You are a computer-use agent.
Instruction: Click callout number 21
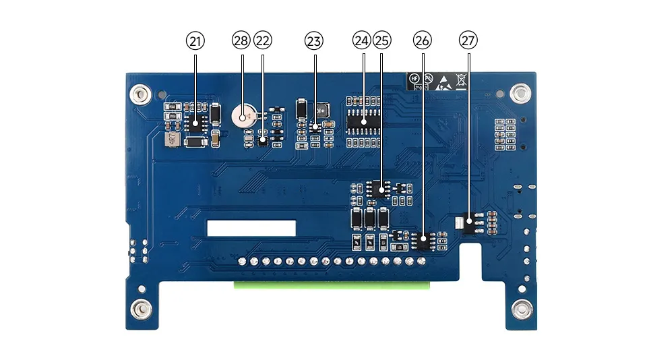[195, 41]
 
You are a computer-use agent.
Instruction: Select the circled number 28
[241, 41]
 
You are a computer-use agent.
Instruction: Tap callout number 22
[262, 41]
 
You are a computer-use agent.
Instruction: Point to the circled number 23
[313, 41]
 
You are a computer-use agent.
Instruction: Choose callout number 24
[362, 41]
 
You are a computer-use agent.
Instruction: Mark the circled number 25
[381, 41]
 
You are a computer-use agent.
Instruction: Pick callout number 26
[423, 41]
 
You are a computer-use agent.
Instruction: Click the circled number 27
[468, 41]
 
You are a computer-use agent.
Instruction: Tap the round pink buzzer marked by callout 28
[241, 117]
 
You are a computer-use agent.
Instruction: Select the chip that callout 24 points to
[363, 121]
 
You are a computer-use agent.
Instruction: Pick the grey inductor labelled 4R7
[171, 140]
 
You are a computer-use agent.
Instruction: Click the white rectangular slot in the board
[251, 227]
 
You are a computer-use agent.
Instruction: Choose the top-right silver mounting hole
[520, 93]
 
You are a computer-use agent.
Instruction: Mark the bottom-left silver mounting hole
[141, 309]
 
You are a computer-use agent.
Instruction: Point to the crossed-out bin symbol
[461, 81]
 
